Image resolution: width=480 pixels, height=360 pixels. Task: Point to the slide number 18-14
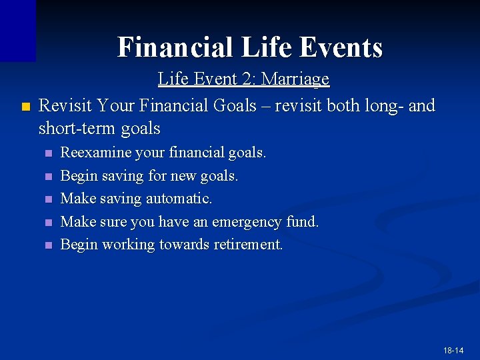click(x=453, y=350)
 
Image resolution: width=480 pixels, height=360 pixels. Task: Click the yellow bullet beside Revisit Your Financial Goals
click(x=25, y=106)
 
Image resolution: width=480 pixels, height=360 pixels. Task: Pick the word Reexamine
click(x=95, y=153)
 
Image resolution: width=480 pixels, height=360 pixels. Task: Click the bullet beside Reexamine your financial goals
click(x=47, y=153)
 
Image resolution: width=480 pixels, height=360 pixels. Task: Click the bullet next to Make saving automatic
click(x=47, y=199)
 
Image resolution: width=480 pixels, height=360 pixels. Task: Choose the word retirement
click(x=248, y=245)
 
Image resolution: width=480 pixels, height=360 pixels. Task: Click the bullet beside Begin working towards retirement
click(x=47, y=245)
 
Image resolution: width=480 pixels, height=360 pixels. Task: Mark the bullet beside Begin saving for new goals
click(x=47, y=177)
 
